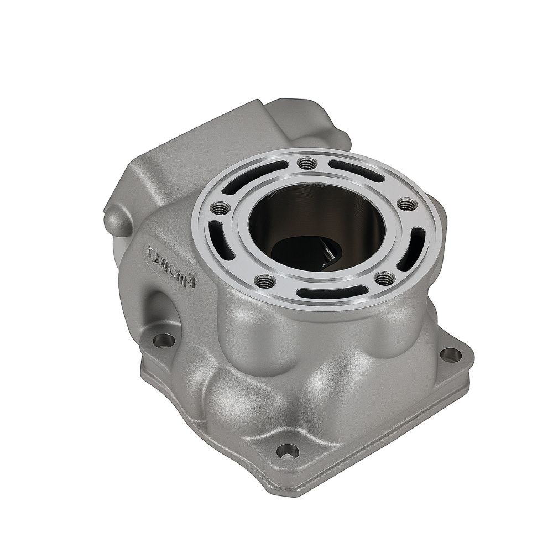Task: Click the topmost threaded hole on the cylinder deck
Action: click(306, 164)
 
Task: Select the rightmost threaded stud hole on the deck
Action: click(405, 204)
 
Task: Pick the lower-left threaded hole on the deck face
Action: click(265, 280)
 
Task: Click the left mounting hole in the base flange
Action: click(164, 340)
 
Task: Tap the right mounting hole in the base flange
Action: click(450, 354)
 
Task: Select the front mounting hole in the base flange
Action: click(288, 452)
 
